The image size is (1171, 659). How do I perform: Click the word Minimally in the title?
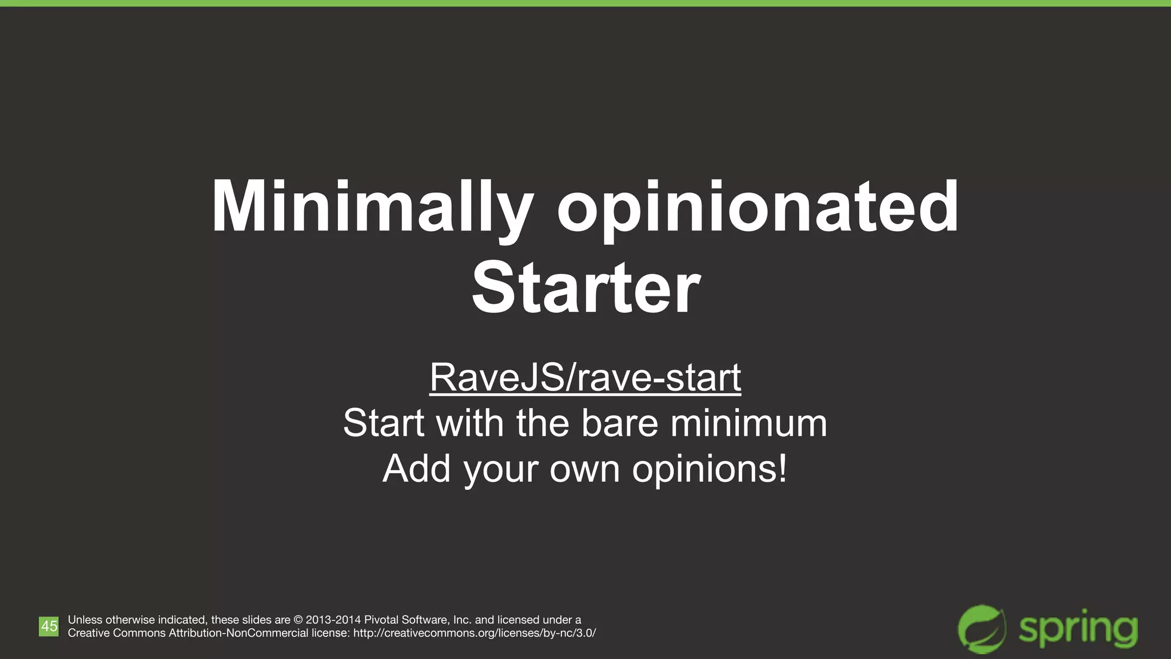pyautogui.click(x=372, y=207)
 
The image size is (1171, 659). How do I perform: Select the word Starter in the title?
pyautogui.click(x=585, y=288)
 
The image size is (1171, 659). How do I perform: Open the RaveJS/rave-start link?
pyautogui.click(x=585, y=378)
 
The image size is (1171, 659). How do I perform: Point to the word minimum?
pyautogui.click(x=748, y=423)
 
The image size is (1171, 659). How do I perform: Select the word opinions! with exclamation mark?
pyautogui.click(x=710, y=469)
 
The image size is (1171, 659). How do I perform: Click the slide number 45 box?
pyautogui.click(x=49, y=626)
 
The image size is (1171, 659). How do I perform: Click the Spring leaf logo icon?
pyautogui.click(x=982, y=629)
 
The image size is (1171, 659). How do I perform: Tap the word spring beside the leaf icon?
pyautogui.click(x=1078, y=629)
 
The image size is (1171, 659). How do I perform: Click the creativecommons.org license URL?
pyautogui.click(x=475, y=633)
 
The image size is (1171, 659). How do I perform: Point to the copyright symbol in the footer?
pyautogui.click(x=298, y=620)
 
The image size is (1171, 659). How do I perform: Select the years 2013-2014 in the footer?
pyautogui.click(x=333, y=620)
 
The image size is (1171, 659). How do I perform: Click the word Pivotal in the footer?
pyautogui.click(x=381, y=620)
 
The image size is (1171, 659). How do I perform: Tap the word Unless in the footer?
pyautogui.click(x=85, y=620)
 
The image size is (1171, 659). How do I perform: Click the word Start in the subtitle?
pyautogui.click(x=384, y=423)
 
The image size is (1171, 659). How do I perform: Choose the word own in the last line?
pyautogui.click(x=584, y=469)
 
